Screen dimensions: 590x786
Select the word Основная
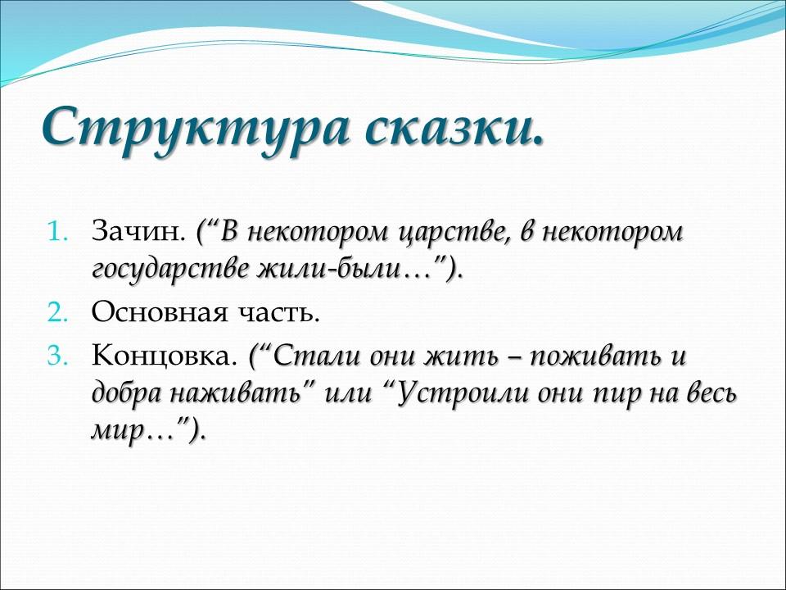[152, 312]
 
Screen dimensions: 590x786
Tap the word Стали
[307, 357]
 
